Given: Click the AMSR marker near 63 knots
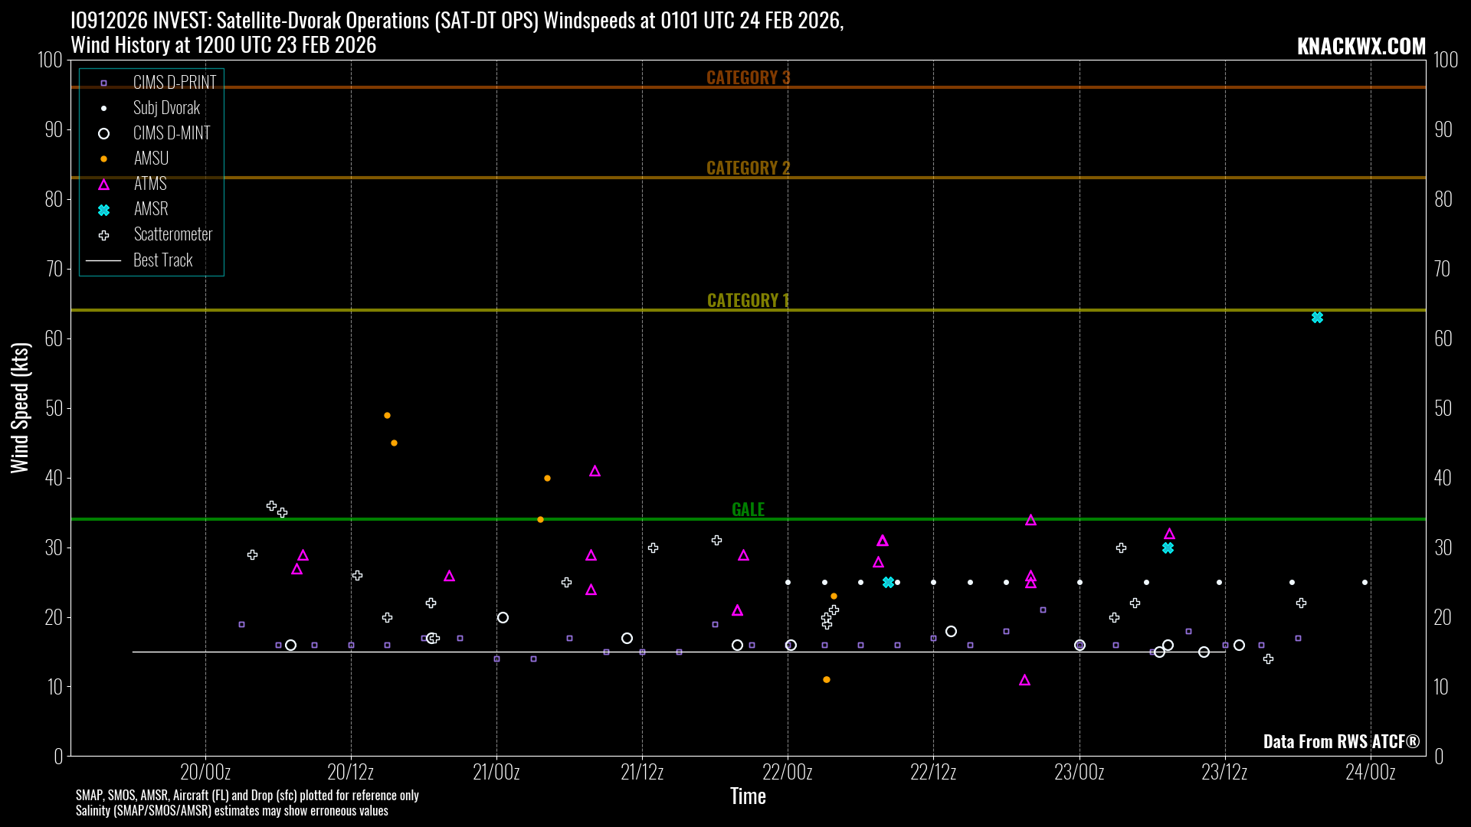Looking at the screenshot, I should tap(1317, 318).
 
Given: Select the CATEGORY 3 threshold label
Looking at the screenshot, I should tap(748, 77).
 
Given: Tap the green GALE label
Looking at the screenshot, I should tap(748, 509).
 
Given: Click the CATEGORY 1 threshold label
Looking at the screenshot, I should tap(748, 300).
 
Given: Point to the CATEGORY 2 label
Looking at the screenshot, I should tap(748, 168).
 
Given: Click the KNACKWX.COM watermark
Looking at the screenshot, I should tap(1361, 46).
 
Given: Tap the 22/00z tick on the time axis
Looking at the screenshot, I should tap(788, 772).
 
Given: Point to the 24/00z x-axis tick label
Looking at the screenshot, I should tap(1370, 772).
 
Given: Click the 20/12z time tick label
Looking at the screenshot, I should tap(351, 772).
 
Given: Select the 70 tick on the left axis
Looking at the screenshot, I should tap(54, 269).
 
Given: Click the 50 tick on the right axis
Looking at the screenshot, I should tap(1443, 408).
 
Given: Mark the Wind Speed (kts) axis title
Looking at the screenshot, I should tap(20, 407).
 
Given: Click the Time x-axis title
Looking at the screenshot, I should tap(748, 796).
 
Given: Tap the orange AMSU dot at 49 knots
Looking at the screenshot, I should tap(387, 416).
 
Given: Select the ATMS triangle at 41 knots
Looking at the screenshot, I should tap(595, 472).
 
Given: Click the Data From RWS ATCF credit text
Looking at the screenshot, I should tap(1341, 741).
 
